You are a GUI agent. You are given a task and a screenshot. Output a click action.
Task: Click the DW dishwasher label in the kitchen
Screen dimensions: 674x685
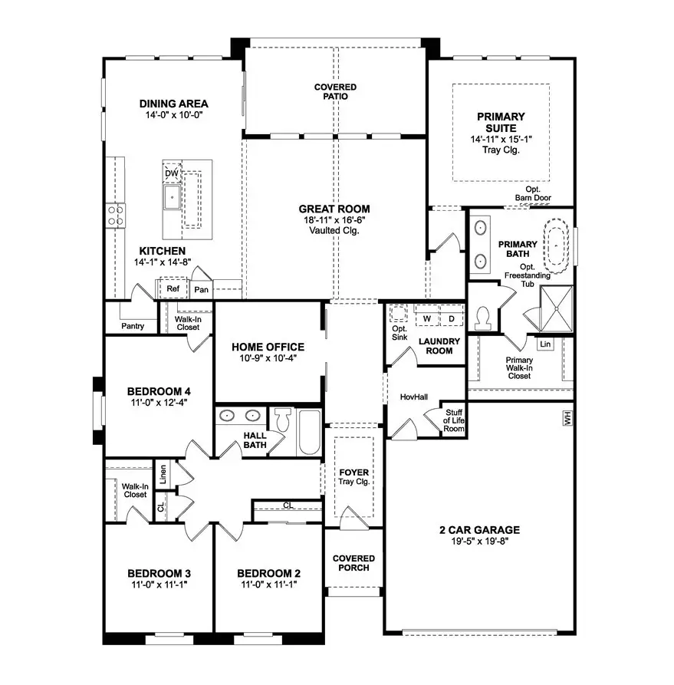click(x=172, y=173)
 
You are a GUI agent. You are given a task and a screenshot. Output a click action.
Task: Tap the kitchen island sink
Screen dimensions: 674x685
click(x=172, y=197)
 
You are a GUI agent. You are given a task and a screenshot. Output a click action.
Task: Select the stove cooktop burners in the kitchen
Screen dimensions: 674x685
click(x=115, y=216)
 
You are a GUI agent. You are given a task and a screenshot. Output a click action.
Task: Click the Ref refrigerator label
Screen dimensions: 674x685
click(x=173, y=288)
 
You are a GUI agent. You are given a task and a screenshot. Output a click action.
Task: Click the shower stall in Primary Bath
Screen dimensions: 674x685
click(x=557, y=308)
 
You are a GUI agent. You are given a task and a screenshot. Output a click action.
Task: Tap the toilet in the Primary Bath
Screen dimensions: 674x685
click(x=483, y=318)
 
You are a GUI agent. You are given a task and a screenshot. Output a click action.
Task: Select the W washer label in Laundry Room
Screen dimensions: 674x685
click(x=427, y=319)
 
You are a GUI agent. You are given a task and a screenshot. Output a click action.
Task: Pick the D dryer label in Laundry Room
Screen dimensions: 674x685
click(x=451, y=319)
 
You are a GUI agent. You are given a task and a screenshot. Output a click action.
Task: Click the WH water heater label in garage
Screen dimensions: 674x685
click(x=567, y=419)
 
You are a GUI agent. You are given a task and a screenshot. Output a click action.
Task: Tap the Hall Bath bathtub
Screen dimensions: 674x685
click(x=309, y=432)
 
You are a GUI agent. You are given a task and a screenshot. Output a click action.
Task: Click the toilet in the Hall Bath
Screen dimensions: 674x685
click(x=284, y=420)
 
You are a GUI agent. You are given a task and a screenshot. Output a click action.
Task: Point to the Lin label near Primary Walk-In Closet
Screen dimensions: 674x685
click(x=545, y=344)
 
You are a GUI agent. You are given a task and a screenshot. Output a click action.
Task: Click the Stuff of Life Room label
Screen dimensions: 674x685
click(x=454, y=420)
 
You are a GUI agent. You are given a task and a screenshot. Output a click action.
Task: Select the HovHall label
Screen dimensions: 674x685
click(x=413, y=397)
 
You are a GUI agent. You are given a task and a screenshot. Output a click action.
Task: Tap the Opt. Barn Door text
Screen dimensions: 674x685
click(x=533, y=193)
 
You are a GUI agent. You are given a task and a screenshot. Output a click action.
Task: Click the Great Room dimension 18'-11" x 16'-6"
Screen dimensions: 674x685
click(x=334, y=220)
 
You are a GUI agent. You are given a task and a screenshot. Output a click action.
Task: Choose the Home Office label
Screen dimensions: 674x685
click(x=268, y=347)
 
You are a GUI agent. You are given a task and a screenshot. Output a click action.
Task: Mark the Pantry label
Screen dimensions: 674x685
click(x=133, y=326)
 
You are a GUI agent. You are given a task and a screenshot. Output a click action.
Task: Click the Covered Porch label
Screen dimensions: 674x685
click(x=353, y=563)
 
